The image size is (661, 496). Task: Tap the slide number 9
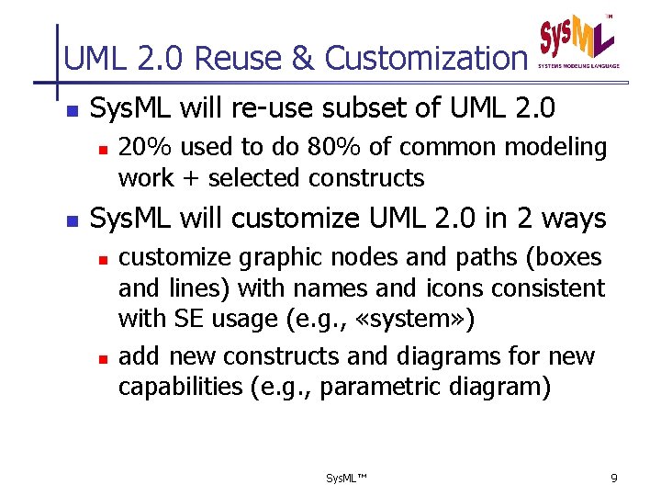(614, 479)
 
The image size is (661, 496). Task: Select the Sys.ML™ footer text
(346, 479)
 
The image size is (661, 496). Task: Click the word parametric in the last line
(367, 387)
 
